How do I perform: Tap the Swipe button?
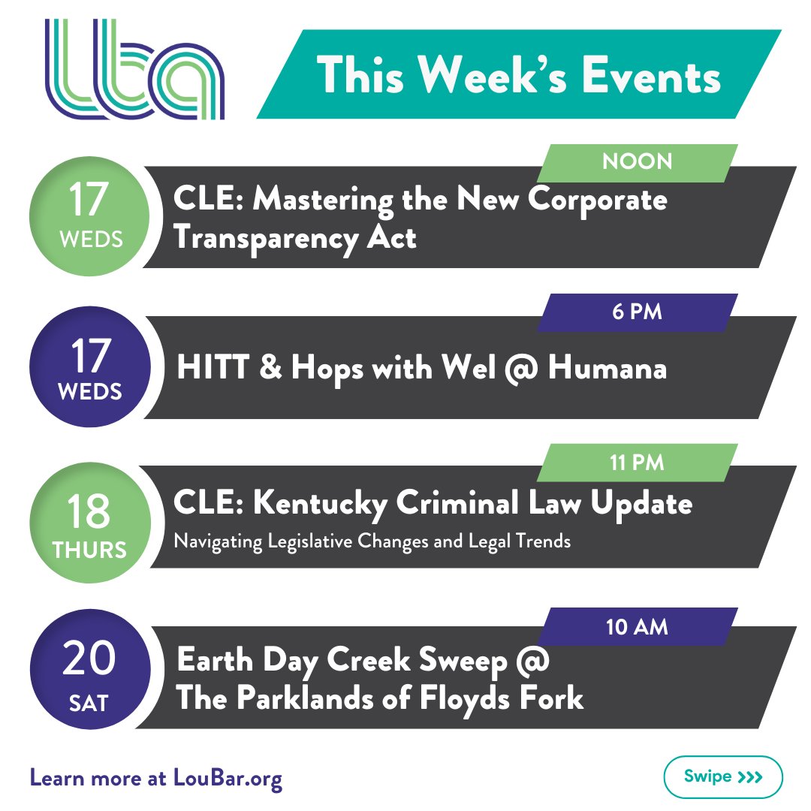coord(723,776)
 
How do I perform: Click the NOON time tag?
coord(638,161)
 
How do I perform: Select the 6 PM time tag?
coord(638,312)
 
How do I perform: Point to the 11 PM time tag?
coord(637,462)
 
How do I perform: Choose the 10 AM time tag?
coord(637,626)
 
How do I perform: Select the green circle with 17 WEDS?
coord(89,216)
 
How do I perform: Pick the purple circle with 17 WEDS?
coord(89,366)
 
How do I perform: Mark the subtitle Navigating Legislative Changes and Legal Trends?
coord(372,541)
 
